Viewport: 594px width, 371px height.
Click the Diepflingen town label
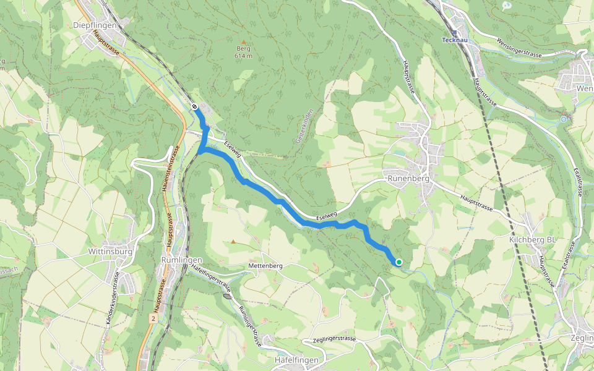click(x=95, y=25)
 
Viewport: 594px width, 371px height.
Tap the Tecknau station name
click(x=455, y=40)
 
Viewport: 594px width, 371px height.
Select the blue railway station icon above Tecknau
click(x=455, y=33)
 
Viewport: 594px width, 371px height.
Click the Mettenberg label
click(x=265, y=265)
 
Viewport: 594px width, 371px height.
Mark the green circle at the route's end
click(x=399, y=262)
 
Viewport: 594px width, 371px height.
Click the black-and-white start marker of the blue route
click(x=194, y=106)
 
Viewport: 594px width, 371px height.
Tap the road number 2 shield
click(x=152, y=318)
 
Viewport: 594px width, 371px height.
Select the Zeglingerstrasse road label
click(x=331, y=340)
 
